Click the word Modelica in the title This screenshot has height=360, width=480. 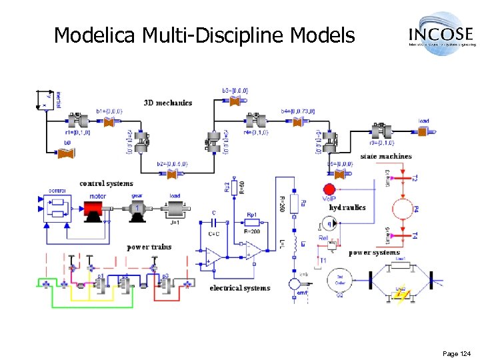[95, 35]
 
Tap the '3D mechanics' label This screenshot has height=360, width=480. [168, 103]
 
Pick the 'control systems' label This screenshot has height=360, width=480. [106, 183]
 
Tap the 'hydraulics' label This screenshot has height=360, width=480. [347, 207]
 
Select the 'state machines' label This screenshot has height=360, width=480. [386, 156]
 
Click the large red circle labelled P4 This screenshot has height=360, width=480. [403, 209]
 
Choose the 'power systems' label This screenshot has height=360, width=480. [374, 253]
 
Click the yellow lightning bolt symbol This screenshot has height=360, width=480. [401, 293]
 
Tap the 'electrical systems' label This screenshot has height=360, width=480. [240, 288]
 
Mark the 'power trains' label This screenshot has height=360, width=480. [149, 247]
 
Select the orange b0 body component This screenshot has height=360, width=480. [67, 154]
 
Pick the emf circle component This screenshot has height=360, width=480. [294, 285]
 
